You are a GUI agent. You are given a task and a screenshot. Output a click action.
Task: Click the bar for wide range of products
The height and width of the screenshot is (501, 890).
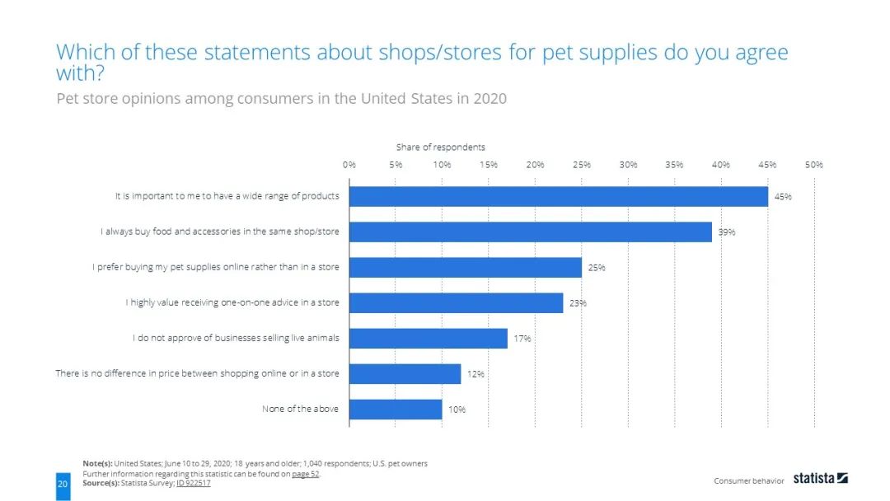(558, 196)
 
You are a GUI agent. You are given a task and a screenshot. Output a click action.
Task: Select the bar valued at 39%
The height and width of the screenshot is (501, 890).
(530, 232)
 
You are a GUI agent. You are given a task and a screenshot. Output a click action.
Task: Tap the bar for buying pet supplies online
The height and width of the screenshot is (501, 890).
(465, 267)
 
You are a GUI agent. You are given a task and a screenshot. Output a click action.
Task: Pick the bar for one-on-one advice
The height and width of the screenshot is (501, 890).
(456, 302)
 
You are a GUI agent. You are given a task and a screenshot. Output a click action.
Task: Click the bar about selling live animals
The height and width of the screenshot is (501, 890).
(428, 338)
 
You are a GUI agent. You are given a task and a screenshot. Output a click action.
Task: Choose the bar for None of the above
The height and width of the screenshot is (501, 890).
(396, 409)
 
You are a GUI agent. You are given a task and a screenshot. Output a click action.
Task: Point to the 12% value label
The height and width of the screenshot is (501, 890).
(475, 374)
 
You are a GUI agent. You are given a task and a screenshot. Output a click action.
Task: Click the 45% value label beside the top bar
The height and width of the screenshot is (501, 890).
(783, 196)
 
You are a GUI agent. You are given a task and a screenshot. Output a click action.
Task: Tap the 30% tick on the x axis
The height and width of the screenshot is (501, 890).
(628, 165)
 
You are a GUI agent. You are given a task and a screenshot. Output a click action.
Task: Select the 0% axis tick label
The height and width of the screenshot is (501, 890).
(349, 165)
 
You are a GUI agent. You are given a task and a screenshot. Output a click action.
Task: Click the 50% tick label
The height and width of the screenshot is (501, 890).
(814, 165)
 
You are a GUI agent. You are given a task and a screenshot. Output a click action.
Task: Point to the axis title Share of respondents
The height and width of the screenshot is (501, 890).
(440, 147)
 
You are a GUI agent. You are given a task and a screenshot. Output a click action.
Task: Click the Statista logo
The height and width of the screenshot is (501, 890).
(820, 478)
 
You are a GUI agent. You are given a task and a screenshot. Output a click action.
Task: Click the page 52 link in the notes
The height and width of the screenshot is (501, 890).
(306, 474)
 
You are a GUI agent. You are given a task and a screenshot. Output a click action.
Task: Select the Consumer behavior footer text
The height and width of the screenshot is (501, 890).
(748, 480)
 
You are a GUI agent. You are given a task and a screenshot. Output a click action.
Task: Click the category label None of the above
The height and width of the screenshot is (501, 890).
(300, 409)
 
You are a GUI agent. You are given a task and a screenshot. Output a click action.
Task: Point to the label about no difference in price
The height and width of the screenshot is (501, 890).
(197, 373)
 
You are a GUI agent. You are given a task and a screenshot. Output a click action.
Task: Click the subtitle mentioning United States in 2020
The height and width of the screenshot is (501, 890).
(281, 99)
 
